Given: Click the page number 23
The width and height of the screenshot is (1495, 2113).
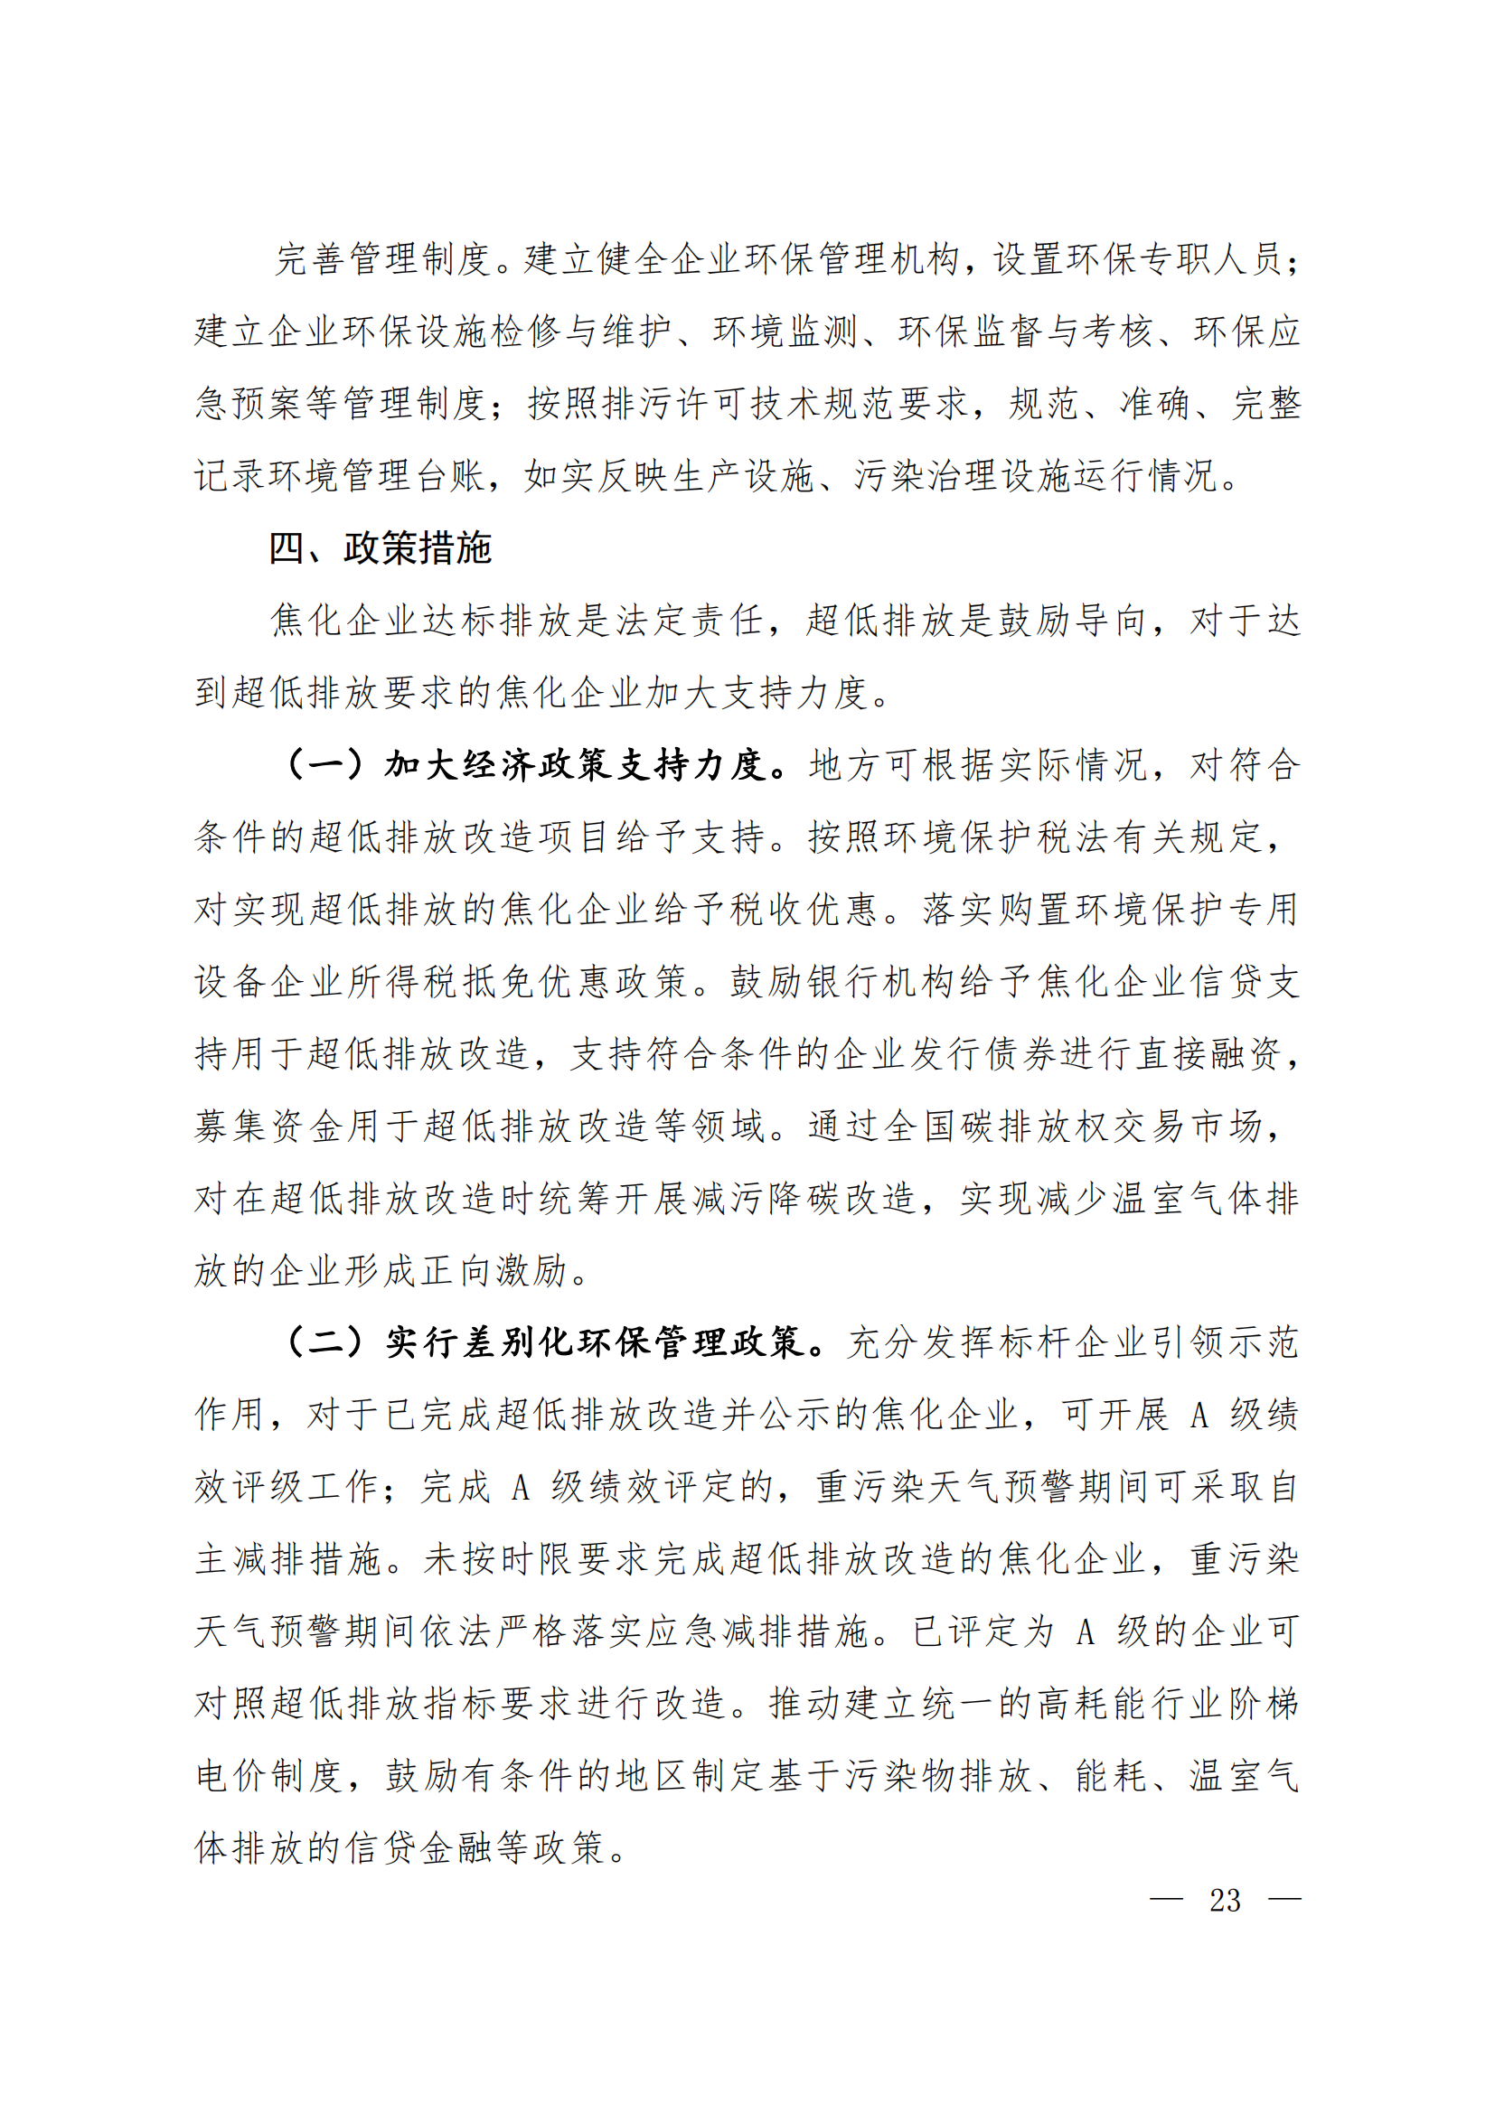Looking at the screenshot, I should pos(1225,1901).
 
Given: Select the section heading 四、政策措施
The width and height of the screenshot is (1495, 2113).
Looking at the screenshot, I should pos(381,548).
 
